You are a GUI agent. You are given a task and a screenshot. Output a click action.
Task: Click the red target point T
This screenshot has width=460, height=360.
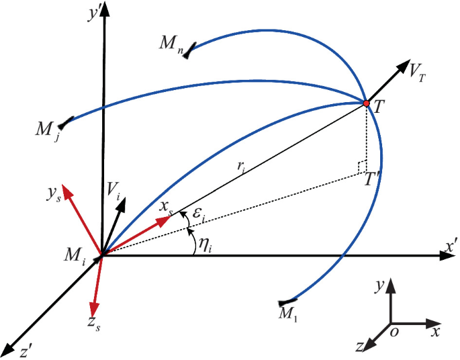(366, 103)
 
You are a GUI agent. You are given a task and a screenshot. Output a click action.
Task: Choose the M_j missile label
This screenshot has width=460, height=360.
(48, 131)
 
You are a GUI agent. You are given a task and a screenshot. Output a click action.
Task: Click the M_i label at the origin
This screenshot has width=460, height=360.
(75, 257)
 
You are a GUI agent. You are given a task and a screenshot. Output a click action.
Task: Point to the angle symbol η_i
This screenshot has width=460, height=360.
(205, 245)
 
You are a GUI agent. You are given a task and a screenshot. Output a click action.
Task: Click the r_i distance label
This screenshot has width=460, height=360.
(242, 167)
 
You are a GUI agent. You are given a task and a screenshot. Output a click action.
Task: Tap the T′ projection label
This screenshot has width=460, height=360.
(372, 179)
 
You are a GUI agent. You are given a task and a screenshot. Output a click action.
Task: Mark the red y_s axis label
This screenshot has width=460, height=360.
(54, 195)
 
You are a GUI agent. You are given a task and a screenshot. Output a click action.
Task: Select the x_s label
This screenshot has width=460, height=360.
(166, 208)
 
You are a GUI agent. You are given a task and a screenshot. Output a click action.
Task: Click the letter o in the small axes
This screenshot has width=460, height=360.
(395, 332)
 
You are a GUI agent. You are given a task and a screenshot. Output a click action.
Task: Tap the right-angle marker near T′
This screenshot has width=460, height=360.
(362, 167)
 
